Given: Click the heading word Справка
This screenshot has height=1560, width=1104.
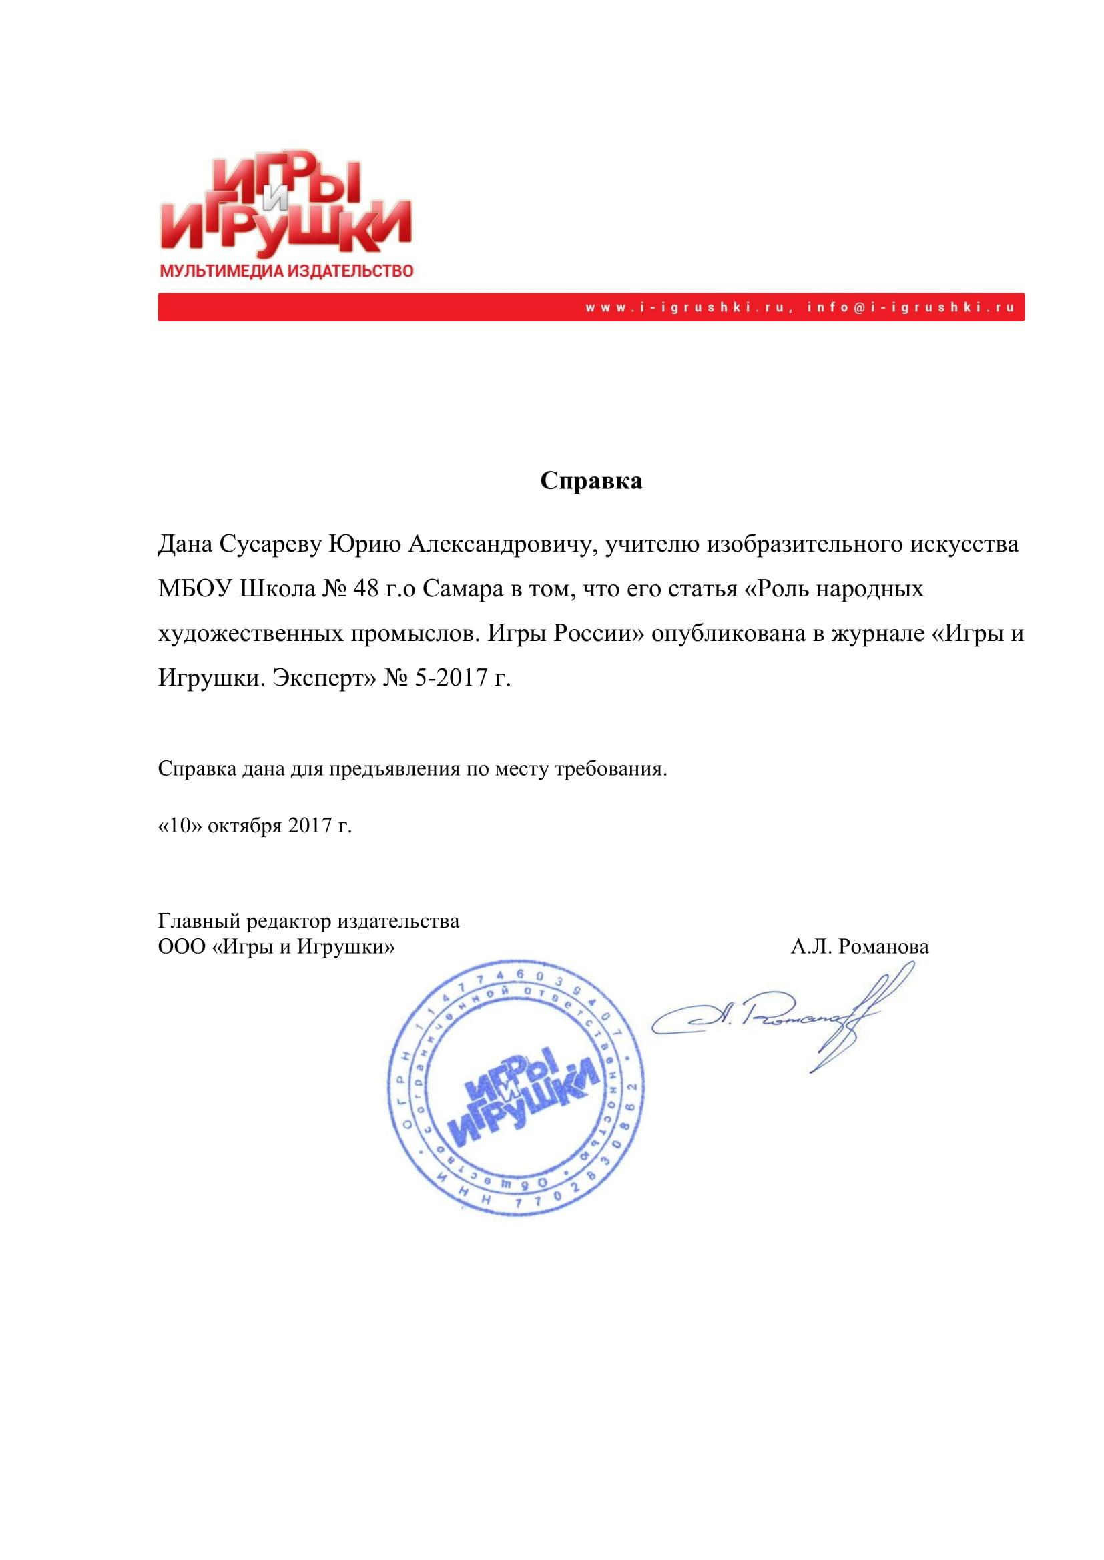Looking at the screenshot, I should [x=591, y=481].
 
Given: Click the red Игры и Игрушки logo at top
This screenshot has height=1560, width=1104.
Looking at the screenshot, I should [x=286, y=205].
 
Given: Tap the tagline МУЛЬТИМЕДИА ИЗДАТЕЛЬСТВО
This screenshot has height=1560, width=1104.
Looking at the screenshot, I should [x=286, y=271].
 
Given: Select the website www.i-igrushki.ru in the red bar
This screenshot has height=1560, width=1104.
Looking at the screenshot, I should [x=687, y=307].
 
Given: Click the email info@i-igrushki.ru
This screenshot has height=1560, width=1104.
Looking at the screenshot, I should [x=911, y=307].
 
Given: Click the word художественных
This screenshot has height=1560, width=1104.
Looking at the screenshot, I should [x=251, y=633].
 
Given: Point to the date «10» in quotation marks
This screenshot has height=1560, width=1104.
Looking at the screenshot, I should [x=180, y=826].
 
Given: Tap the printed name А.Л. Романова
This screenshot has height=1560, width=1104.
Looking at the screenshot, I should [x=859, y=946].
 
